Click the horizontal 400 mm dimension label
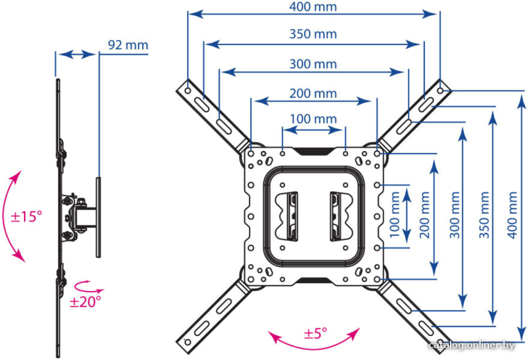(313, 7)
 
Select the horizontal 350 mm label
(313, 34)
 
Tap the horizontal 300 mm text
(313, 64)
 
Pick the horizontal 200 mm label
(313, 93)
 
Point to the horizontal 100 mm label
(313, 119)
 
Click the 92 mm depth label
(128, 45)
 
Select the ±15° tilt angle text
(26, 216)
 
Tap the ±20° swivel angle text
(85, 302)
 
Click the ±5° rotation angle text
(315, 334)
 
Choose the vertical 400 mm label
(512, 215)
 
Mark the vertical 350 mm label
(484, 215)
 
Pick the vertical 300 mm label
(455, 215)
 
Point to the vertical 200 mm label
(425, 215)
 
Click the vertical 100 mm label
(394, 215)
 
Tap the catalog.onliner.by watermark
(472, 345)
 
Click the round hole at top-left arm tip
(188, 91)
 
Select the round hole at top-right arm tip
(440, 91)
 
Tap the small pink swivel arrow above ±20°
(89, 287)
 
